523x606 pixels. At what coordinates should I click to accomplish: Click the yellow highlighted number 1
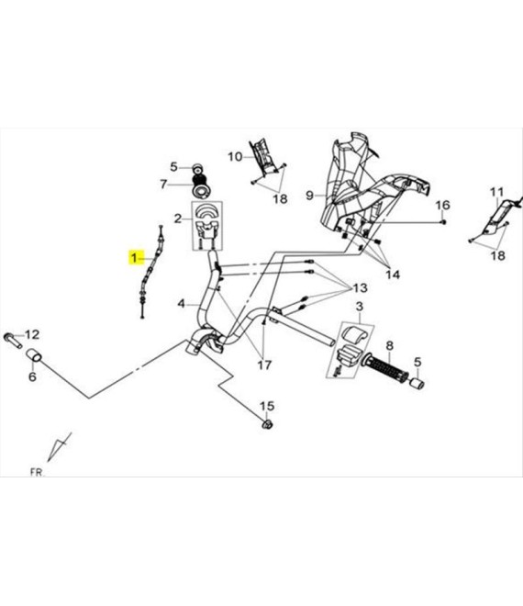pyautogui.click(x=134, y=256)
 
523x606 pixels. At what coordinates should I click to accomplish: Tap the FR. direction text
pyautogui.click(x=37, y=472)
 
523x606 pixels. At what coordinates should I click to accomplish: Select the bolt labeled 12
pyautogui.click(x=13, y=340)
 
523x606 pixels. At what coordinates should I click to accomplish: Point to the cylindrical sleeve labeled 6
pyautogui.click(x=34, y=355)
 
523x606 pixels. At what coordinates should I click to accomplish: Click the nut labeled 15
pyautogui.click(x=267, y=424)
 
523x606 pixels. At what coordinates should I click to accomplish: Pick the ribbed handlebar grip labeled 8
pyautogui.click(x=384, y=368)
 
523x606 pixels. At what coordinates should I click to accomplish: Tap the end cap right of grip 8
pyautogui.click(x=417, y=384)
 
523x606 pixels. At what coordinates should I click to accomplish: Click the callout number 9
pyautogui.click(x=309, y=196)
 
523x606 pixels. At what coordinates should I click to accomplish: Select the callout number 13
pyautogui.click(x=360, y=288)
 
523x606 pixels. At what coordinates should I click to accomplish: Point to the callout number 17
pyautogui.click(x=264, y=365)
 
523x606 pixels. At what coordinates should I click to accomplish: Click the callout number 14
pyautogui.click(x=393, y=275)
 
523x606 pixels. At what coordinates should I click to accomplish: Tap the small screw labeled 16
pyautogui.click(x=444, y=222)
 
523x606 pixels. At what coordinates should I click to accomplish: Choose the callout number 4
pyautogui.click(x=182, y=304)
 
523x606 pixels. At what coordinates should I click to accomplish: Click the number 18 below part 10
pyautogui.click(x=280, y=198)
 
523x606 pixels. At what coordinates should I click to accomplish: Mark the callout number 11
pyautogui.click(x=496, y=192)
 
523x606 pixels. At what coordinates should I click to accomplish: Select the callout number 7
pyautogui.click(x=163, y=185)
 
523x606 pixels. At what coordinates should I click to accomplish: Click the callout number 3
pyautogui.click(x=360, y=307)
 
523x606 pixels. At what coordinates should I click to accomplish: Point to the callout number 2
pyautogui.click(x=177, y=219)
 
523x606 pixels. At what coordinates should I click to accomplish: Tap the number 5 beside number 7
pyautogui.click(x=173, y=167)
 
